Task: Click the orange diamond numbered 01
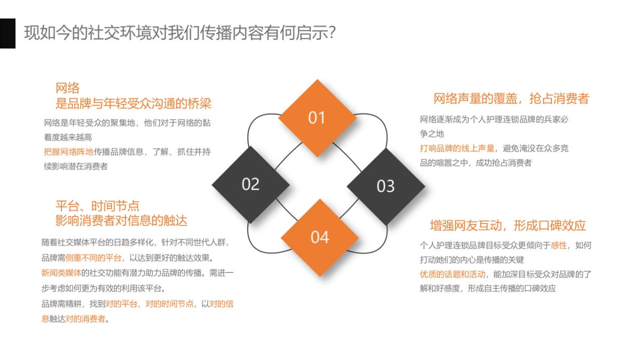click(317, 117)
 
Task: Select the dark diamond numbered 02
click(250, 185)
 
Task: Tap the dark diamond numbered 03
click(386, 186)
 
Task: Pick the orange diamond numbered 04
click(319, 237)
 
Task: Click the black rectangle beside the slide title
click(7, 33)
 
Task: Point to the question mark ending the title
click(331, 33)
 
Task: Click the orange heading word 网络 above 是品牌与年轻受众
click(68, 88)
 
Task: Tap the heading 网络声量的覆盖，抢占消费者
click(511, 99)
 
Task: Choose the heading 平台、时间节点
click(98, 206)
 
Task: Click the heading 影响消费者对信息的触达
click(122, 220)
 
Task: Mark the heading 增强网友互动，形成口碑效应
click(508, 225)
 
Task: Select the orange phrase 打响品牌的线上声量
click(457, 148)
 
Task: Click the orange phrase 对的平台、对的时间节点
click(149, 304)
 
